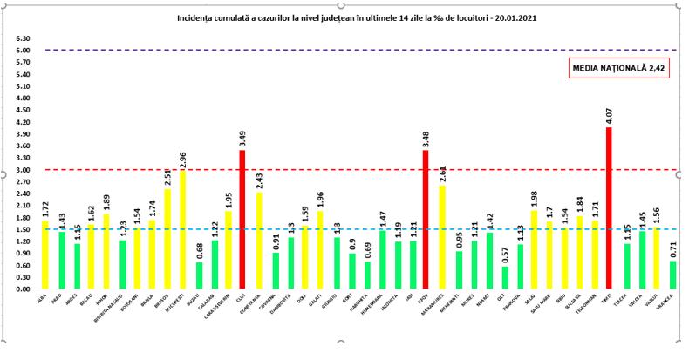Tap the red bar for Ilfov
tap(425, 219)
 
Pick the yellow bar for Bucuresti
tap(182, 229)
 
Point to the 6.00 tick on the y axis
tap(24, 51)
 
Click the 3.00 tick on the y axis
tap(24, 170)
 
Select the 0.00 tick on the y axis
tap(24, 289)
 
